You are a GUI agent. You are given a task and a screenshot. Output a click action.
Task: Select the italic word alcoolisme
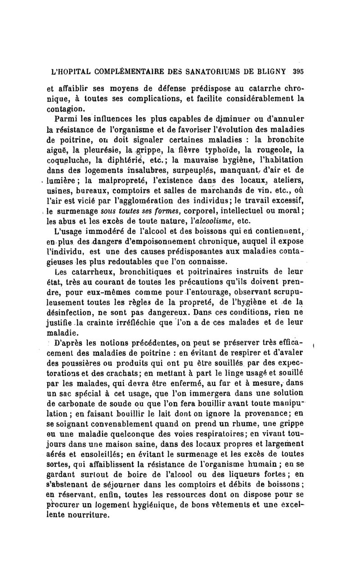tap(212, 221)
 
